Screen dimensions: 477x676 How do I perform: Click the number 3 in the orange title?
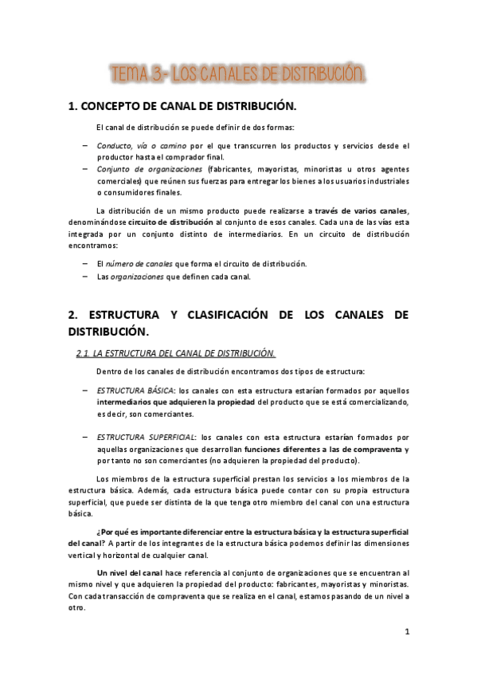(154, 77)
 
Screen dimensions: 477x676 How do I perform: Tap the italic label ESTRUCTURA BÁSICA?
(135, 391)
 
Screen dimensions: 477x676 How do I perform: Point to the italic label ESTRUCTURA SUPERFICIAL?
(146, 438)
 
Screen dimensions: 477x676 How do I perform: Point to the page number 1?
(407, 633)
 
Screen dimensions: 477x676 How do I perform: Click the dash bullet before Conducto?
(84, 146)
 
